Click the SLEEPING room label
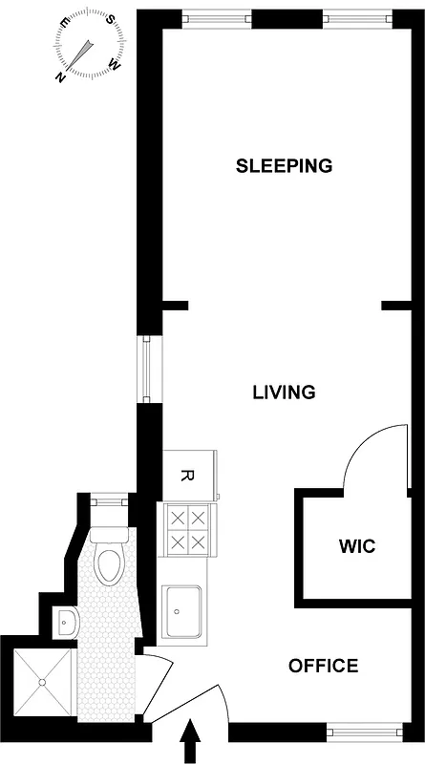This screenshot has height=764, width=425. click(x=284, y=165)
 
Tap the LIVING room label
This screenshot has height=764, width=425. click(x=284, y=392)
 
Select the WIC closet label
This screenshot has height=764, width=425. click(x=356, y=547)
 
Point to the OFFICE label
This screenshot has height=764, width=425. click(x=324, y=666)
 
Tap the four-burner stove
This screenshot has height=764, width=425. click(x=187, y=530)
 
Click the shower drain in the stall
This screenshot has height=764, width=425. click(x=43, y=681)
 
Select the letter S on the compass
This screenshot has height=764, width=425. click(x=111, y=20)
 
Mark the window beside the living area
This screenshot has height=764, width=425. click(x=146, y=370)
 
